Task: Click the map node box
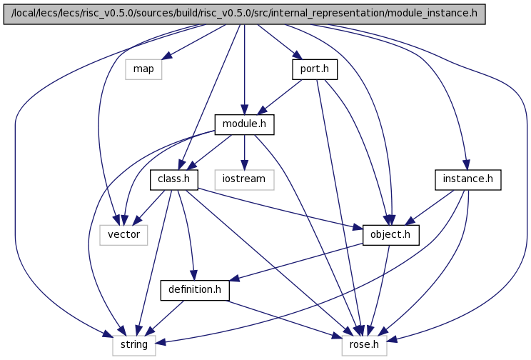(143, 69)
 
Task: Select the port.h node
(315, 69)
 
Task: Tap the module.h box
(244, 124)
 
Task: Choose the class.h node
(174, 180)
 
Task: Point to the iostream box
(244, 180)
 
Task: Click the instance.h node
(467, 180)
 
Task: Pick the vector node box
(123, 235)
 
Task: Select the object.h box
(391, 235)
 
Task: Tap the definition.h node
(195, 290)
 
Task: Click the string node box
(134, 346)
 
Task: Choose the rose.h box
(365, 346)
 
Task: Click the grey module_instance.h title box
(244, 14)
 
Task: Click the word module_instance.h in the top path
(432, 14)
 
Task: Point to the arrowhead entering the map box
(167, 56)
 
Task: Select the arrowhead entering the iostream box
(244, 165)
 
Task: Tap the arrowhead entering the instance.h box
(466, 165)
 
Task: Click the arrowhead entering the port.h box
(297, 56)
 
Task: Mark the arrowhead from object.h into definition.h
(234, 279)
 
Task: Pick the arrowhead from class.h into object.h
(358, 227)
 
